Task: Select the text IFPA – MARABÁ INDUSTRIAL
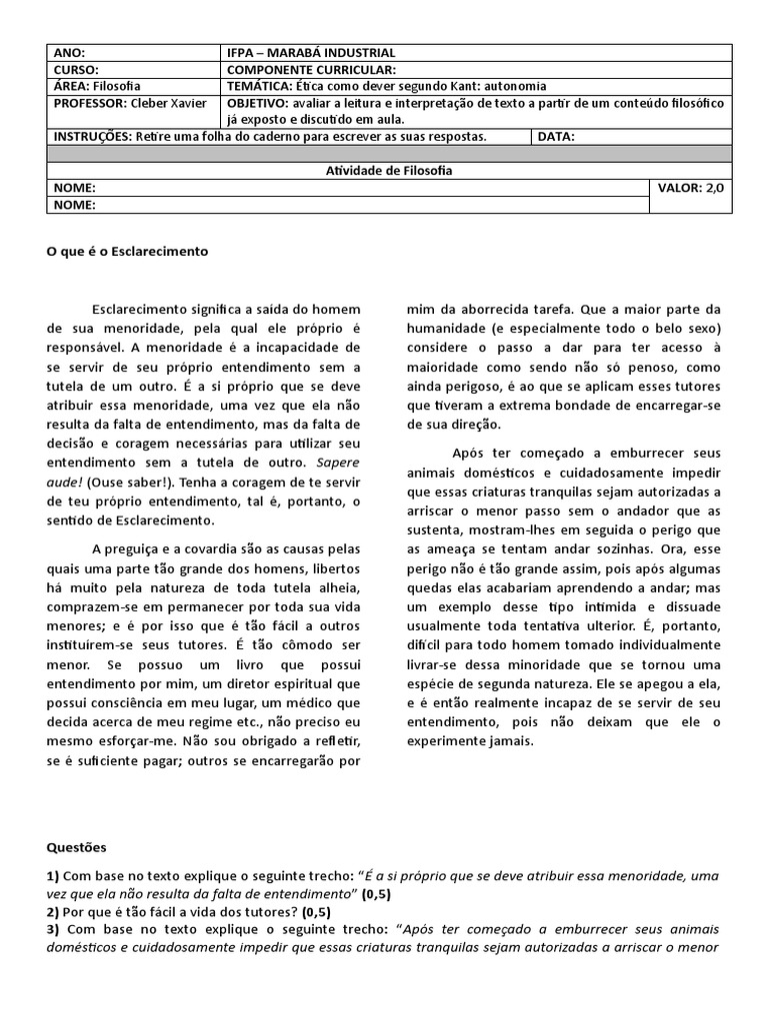311,53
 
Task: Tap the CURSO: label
76,70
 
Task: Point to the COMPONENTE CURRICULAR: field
312,70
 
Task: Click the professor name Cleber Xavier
171,103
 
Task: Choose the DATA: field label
556,137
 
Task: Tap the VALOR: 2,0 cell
691,188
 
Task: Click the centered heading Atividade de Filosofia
389,171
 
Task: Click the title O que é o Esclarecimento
128,252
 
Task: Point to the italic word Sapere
338,464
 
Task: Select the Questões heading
76,848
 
